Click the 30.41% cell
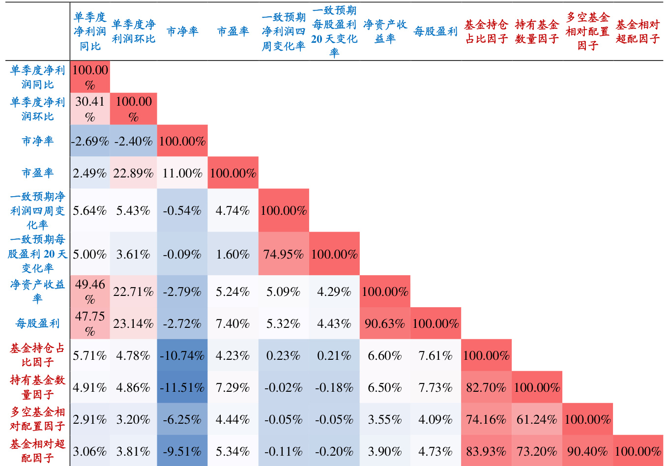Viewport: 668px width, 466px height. point(89,109)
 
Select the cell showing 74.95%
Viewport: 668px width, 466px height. point(284,254)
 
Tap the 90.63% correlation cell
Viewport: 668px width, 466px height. point(385,323)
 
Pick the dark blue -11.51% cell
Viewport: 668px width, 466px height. point(182,387)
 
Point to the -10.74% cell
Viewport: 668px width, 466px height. point(182,355)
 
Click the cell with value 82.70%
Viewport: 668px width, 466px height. point(486,387)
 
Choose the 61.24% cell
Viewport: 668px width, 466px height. point(537,419)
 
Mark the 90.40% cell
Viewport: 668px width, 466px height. point(587,451)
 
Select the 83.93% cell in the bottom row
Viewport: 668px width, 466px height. point(486,451)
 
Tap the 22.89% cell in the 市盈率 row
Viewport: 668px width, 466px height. point(133,173)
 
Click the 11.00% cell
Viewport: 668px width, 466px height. point(182,173)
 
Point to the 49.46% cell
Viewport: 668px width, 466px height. point(89,291)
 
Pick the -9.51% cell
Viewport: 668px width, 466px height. point(182,451)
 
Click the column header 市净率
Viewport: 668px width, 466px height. point(182,31)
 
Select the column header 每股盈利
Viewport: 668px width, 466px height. point(436,31)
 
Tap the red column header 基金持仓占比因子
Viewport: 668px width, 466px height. point(486,31)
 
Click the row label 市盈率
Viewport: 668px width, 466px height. point(37,173)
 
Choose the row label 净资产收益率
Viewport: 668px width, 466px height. point(37,291)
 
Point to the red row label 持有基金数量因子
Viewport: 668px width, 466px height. point(37,387)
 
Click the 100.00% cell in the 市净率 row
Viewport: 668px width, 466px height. point(182,141)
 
